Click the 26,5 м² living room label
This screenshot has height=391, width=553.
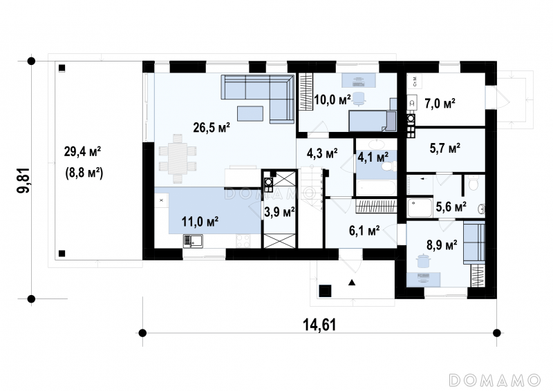pos(212,127)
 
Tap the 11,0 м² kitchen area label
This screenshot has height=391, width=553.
pos(200,222)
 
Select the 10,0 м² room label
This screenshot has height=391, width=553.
pos(332,99)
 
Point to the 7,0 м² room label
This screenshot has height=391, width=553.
pos(440,104)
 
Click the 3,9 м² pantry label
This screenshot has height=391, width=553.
pos(279,212)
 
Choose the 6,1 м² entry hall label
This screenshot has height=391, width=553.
pos(364,231)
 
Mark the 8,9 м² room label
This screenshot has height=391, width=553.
pos(442,245)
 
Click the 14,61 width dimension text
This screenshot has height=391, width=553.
pos(319,325)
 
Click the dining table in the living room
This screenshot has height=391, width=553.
pos(178,159)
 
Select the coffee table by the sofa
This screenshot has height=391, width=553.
pos(250,113)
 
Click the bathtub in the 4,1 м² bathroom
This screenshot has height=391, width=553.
pos(376,188)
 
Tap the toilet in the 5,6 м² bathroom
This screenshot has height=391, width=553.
pos(474,182)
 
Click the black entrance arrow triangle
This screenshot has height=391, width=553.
pos(352,283)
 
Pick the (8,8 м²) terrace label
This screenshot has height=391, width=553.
pos(84,173)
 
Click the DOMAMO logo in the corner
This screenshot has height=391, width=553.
pos(495,380)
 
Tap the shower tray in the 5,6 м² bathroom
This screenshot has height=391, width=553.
pos(420,208)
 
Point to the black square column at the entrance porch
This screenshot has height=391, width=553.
pos(325,291)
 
